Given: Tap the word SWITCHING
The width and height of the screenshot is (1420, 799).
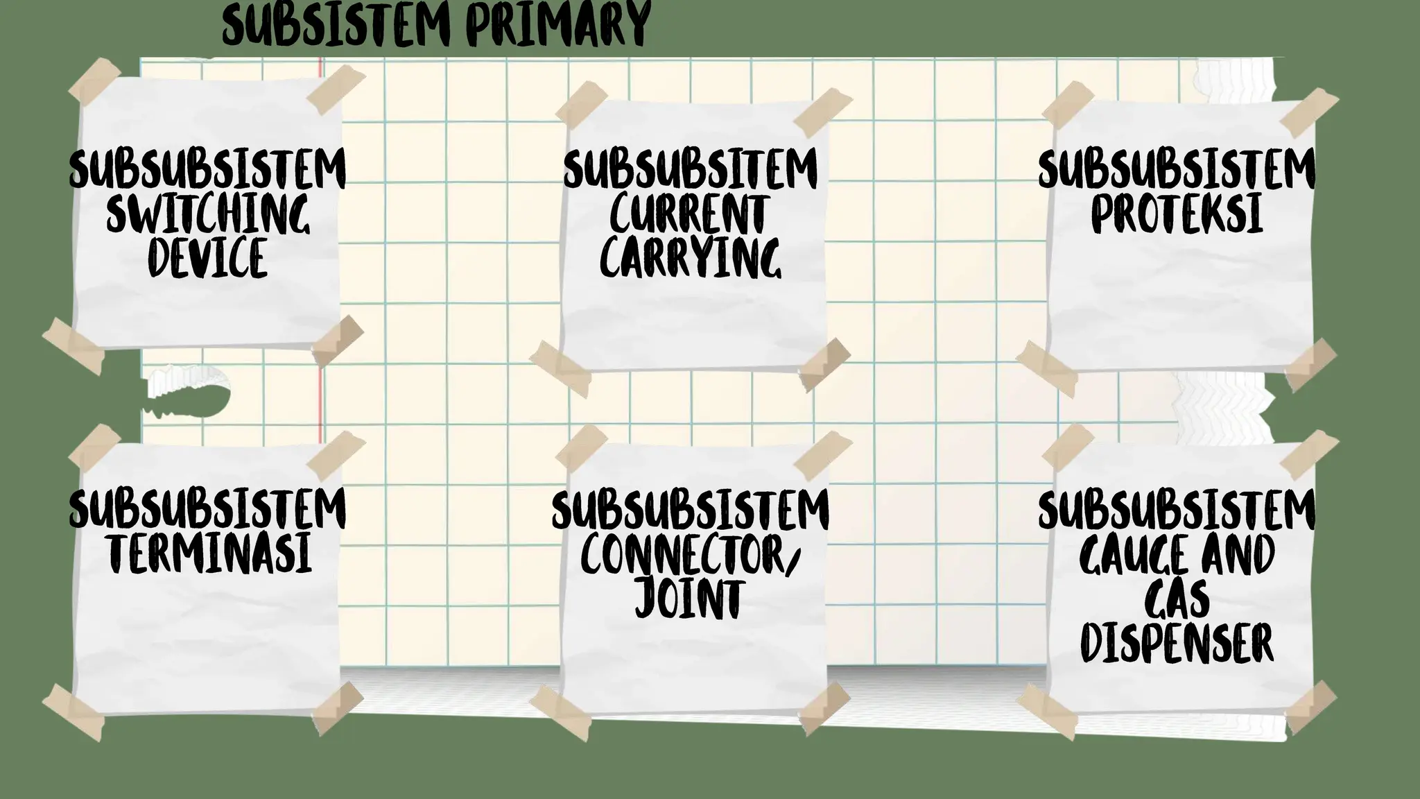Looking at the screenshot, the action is coord(207,214).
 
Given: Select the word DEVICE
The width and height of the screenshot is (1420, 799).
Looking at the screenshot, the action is coord(207,257).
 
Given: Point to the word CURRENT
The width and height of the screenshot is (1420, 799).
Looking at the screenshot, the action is coord(690,214).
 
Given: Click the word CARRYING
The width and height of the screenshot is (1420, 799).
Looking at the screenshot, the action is coord(690,257).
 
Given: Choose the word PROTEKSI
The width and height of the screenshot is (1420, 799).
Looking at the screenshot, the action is coord(1177,213).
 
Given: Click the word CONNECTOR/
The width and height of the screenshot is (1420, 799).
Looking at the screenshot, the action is coord(690,556).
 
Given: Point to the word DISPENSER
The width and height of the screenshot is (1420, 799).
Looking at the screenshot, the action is coord(1177,643).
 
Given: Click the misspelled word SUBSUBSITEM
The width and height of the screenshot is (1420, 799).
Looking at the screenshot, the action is coord(690,169).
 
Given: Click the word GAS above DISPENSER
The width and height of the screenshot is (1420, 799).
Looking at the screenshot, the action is coord(1177,599).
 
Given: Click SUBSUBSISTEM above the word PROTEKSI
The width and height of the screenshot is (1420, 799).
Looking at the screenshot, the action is coord(1177,169).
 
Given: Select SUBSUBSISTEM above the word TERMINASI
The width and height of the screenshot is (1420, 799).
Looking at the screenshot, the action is coord(207,509).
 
